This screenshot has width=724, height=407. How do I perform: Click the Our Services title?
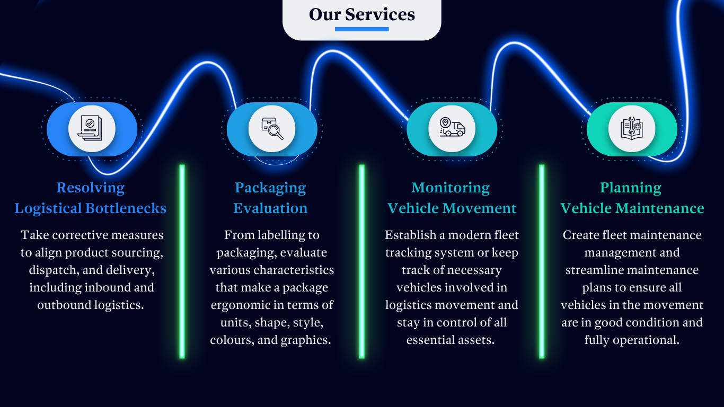[362, 14]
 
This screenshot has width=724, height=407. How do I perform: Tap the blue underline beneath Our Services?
[362, 29]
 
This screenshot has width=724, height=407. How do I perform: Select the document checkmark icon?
[92, 129]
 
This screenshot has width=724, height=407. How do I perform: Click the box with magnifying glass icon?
[272, 129]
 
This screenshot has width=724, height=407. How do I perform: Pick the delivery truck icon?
[452, 129]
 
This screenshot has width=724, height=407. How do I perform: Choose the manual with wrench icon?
[632, 129]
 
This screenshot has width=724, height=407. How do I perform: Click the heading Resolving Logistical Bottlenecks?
[91, 198]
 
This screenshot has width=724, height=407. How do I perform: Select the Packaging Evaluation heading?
[270, 198]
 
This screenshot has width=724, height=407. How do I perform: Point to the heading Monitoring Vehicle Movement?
[452, 198]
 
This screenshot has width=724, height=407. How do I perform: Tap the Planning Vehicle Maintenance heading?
[632, 198]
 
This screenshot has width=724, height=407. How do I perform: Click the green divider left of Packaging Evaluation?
[182, 261]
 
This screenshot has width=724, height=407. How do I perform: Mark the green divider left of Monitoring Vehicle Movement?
[362, 261]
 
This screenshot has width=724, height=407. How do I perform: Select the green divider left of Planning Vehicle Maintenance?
[542, 261]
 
